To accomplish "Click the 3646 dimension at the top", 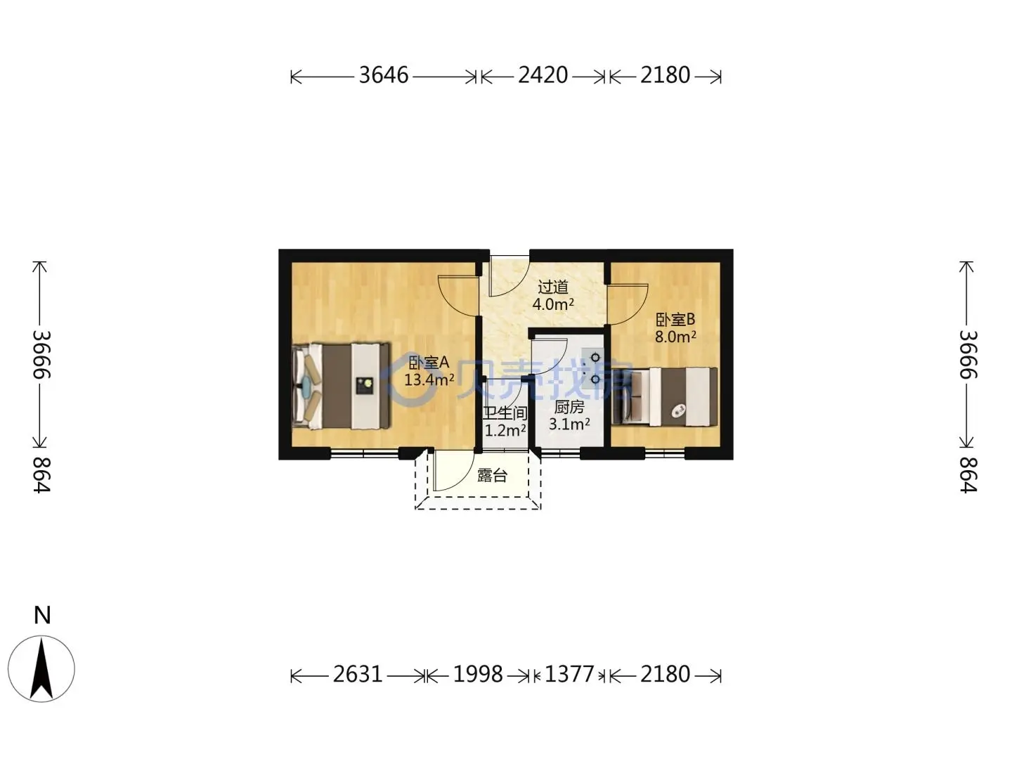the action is [x=384, y=75].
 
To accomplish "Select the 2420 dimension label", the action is [x=543, y=75].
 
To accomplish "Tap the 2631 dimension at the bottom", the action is [x=358, y=675].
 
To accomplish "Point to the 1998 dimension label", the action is [x=478, y=675].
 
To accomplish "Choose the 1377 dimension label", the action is [x=569, y=675].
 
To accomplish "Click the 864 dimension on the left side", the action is [x=41, y=475].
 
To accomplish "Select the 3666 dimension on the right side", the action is [x=968, y=354].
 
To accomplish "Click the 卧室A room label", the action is [x=429, y=363].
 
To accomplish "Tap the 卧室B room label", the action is [x=675, y=319].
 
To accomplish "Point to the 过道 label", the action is [x=553, y=287].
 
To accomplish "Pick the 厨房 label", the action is [x=569, y=407].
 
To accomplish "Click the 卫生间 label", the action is [x=505, y=413].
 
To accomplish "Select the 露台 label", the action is [x=492, y=476].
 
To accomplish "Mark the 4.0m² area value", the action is [x=553, y=304].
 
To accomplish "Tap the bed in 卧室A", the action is [x=341, y=386].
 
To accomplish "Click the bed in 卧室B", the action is [x=664, y=397].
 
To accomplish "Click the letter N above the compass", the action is [x=42, y=615].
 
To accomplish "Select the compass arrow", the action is [x=41, y=668].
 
